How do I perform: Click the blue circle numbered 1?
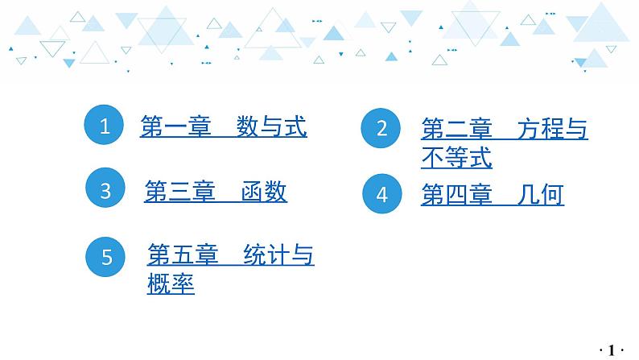tap(105, 126)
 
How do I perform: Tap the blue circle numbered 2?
tap(382, 128)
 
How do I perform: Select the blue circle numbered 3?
tap(106, 191)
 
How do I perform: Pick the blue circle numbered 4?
tap(382, 194)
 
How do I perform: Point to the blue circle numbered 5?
tap(107, 257)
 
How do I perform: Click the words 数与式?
tap(271, 127)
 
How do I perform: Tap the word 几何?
tap(540, 195)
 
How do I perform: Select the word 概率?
tap(171, 284)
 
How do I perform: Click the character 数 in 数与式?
tap(248, 127)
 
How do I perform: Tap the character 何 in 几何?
tap(552, 195)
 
